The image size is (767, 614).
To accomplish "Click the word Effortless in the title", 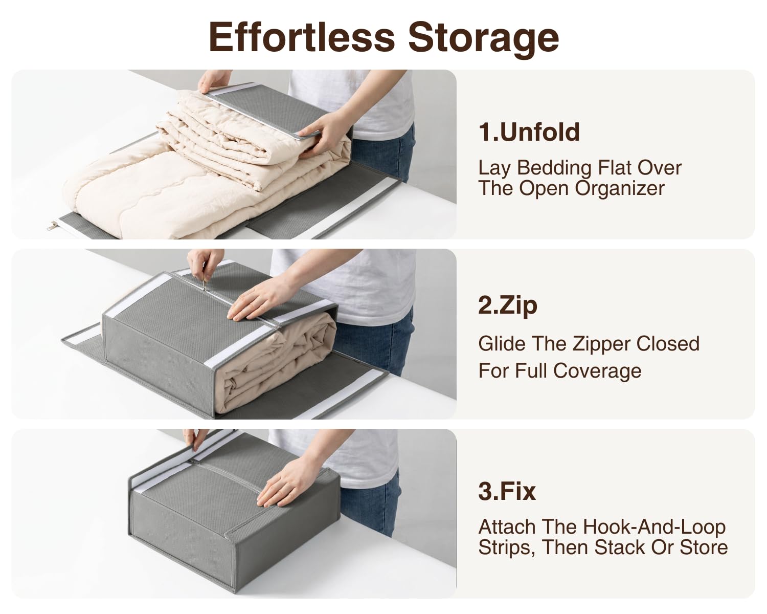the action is (302, 37).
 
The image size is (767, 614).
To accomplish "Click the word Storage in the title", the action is (483, 39).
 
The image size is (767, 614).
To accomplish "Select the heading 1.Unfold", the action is (529, 131).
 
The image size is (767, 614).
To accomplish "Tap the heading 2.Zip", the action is (508, 306).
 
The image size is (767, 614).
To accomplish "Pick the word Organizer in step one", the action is (620, 188).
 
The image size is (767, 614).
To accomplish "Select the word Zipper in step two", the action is (602, 344).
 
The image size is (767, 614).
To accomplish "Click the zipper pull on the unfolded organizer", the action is (53, 225).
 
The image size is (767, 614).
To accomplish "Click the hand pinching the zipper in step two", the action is (204, 265).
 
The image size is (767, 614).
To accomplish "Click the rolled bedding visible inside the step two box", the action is (279, 360).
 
